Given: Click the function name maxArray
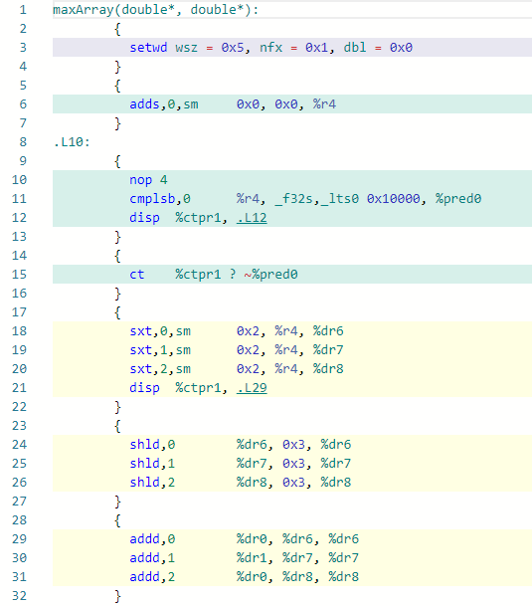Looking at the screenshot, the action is click(84, 10).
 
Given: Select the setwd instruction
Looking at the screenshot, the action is click(148, 48).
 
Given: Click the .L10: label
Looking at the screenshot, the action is click(72, 142).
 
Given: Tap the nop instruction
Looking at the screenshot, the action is click(140, 180).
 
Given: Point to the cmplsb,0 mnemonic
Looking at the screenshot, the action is click(160, 199).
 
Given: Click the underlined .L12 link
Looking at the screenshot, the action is click(252, 218).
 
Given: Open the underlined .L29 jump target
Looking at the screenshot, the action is click(252, 388).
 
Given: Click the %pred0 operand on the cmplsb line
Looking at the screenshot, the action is click(458, 199).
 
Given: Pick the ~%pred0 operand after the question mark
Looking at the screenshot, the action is click(270, 275).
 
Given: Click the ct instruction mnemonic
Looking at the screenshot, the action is click(137, 275).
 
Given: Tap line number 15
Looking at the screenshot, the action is click(19, 275).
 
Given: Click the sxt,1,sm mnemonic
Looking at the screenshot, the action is click(160, 350).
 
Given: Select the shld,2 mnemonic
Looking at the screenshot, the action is click(152, 483).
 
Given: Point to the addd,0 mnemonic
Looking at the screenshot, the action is click(152, 539).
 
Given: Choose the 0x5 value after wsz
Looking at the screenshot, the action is click(233, 48).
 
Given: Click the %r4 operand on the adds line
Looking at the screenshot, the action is click(324, 104).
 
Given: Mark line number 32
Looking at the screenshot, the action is click(19, 596).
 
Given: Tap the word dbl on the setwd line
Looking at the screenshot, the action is click(355, 48).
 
